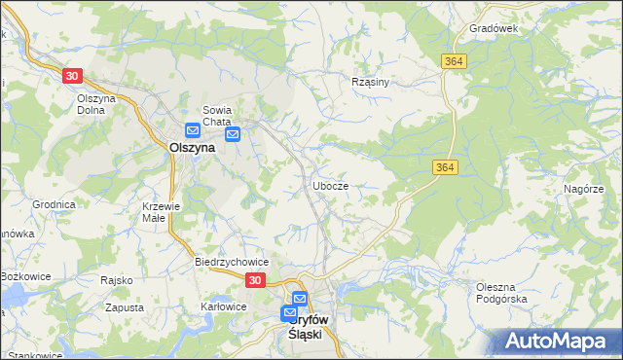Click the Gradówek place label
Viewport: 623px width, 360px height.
[x=493, y=29]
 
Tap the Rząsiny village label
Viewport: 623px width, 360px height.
[x=370, y=82]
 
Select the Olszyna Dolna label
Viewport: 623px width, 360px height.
[x=96, y=104]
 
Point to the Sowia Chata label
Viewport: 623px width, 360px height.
[x=218, y=115]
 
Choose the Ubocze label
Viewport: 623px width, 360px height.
[x=331, y=185]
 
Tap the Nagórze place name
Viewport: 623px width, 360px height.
[x=584, y=188]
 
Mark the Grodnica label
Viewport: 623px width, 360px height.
[x=54, y=205]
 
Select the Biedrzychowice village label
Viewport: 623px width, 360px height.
[x=232, y=262]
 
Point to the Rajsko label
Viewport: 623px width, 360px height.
[x=116, y=280]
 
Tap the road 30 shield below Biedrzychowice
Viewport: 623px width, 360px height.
[x=254, y=280]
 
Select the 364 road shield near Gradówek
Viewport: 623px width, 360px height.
[x=453, y=61]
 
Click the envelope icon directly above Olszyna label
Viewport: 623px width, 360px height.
[x=193, y=130]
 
